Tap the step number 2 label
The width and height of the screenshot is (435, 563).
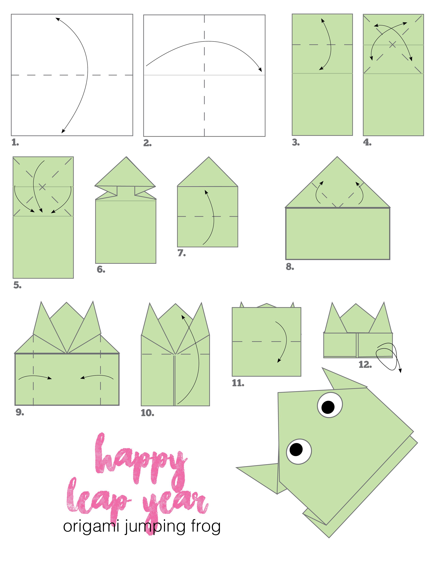[147, 143]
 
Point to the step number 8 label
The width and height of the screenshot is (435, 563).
[290, 267]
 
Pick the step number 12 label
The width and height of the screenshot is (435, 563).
[365, 365]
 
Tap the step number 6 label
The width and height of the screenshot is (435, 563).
[101, 270]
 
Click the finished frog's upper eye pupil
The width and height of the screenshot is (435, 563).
[328, 407]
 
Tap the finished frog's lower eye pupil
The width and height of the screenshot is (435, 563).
[296, 449]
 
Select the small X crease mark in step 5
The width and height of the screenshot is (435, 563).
[42, 187]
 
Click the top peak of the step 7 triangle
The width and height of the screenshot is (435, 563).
[209, 157]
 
